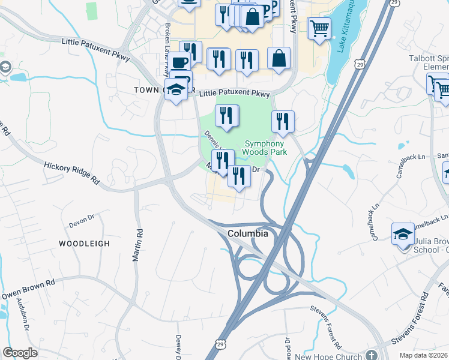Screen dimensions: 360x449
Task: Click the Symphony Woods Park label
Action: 265,148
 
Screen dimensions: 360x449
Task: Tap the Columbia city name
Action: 247,233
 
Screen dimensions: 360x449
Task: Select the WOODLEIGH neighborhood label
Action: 84,244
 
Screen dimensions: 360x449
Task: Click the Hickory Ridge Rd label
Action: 71,171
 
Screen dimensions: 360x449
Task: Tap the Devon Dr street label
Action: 82,223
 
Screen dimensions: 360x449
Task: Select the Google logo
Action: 20,353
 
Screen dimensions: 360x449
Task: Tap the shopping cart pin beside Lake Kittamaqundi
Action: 319,28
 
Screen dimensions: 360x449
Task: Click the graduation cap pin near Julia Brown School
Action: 402,233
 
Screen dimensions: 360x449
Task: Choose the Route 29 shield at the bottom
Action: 220,345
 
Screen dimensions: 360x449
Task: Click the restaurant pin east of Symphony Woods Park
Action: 282,122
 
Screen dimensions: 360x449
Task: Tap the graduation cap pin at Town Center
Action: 176,90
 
